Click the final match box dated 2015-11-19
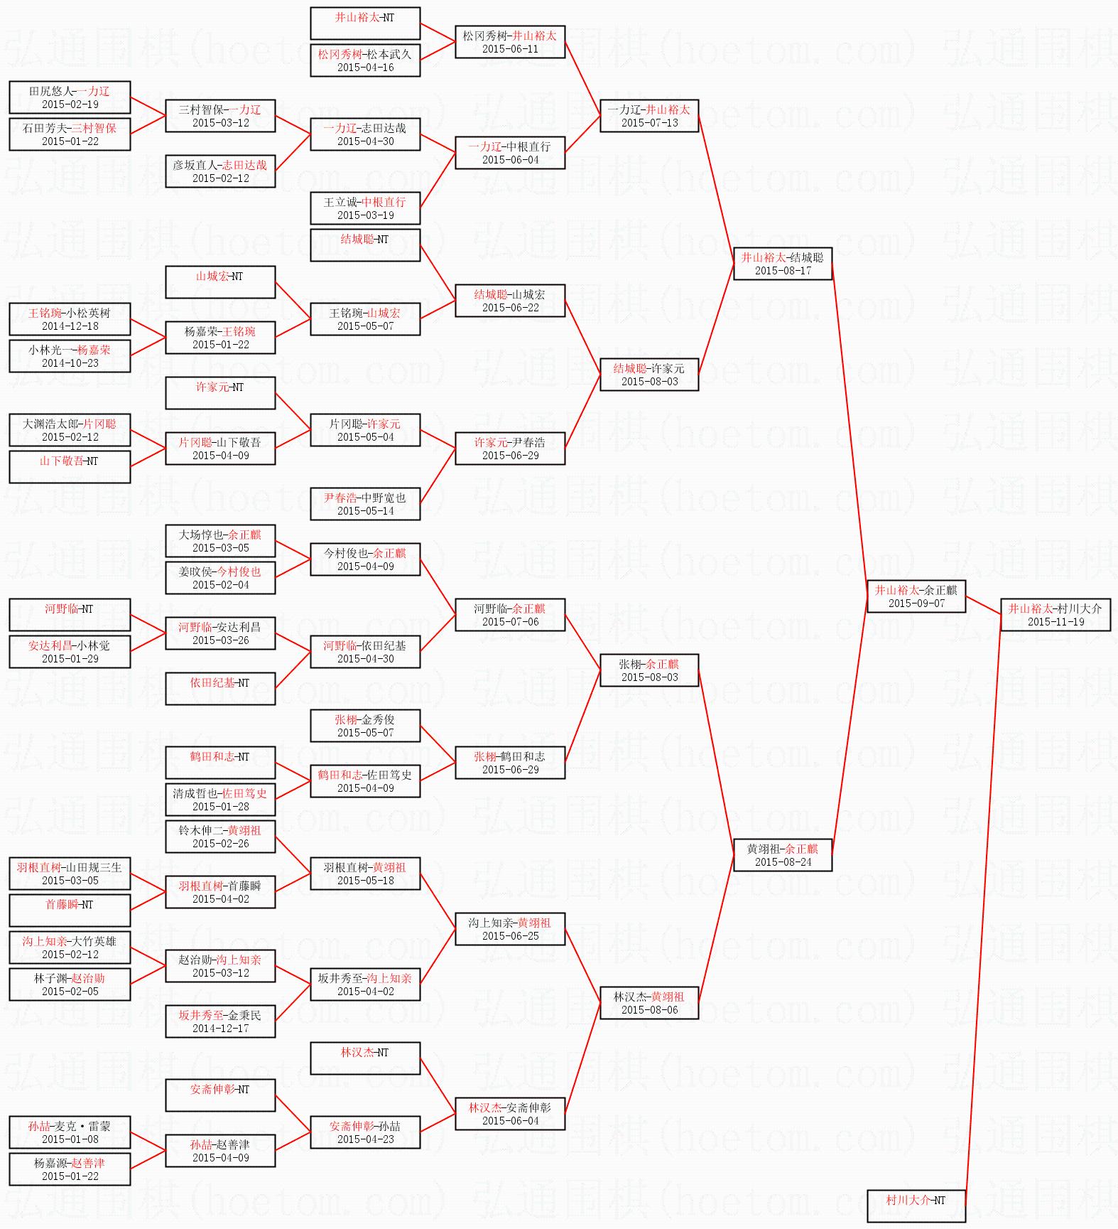(x=1055, y=615)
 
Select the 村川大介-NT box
(x=916, y=1206)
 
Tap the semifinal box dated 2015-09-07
(x=916, y=596)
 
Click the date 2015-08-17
(x=783, y=271)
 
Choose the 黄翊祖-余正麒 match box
(x=782, y=855)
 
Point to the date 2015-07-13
(x=649, y=123)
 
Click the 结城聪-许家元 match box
(x=649, y=375)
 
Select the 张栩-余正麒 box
(x=649, y=670)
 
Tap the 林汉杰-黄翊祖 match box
(x=649, y=1003)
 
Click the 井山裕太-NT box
(x=365, y=23)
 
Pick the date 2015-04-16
(x=365, y=68)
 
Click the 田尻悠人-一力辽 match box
(x=70, y=97)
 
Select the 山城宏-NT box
(x=220, y=282)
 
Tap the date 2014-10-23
(x=70, y=363)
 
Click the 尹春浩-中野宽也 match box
(x=365, y=504)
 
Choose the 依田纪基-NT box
(x=220, y=689)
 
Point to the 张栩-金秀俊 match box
(x=365, y=726)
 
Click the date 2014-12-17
(x=220, y=1029)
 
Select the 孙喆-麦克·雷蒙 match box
(x=70, y=1132)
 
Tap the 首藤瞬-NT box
(x=70, y=911)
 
